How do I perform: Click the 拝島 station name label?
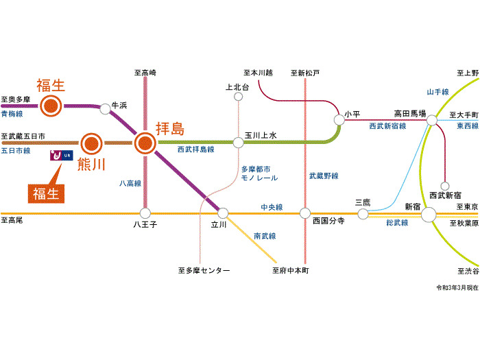tap(171, 128)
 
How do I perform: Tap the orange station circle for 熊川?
tap(91, 143)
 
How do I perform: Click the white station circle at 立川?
tap(222, 213)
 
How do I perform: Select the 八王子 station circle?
tap(145, 213)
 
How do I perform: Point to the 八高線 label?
tap(130, 184)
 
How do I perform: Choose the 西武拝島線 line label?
tap(195, 149)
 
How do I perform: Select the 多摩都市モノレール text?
tap(259, 173)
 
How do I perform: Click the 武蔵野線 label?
tap(324, 176)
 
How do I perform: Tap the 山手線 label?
tap(437, 92)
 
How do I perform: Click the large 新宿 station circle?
tap(429, 215)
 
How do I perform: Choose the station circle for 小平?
tap(339, 119)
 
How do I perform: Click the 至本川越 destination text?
tap(258, 72)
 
